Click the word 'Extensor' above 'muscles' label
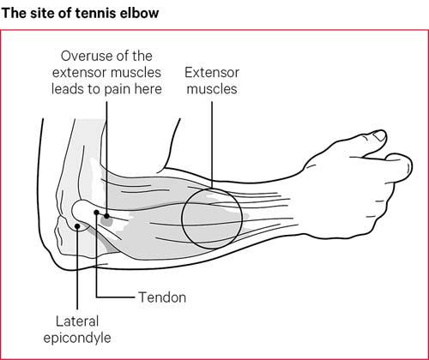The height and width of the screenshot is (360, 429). [x=212, y=73]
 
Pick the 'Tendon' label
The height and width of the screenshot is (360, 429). [x=162, y=297]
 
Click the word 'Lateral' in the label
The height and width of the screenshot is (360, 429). [x=77, y=321]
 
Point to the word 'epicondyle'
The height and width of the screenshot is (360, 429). [x=77, y=338]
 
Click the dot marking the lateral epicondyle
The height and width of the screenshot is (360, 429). [x=77, y=226]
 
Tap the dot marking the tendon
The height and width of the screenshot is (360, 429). [x=96, y=213]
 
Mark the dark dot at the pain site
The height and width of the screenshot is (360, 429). [x=106, y=216]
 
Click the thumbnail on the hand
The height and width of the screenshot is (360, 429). [x=380, y=135]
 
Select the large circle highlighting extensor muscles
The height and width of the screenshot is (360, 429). [x=182, y=219]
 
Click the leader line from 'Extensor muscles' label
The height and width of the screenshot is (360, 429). [x=212, y=145]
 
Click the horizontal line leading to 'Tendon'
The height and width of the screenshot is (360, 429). [x=116, y=297]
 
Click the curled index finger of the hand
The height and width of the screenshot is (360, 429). [x=402, y=169]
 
